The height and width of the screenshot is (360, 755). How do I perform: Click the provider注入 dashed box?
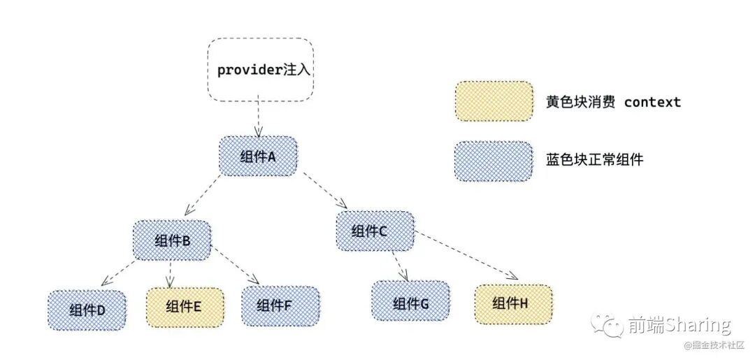click(x=260, y=70)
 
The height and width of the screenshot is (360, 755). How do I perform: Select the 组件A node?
click(x=258, y=156)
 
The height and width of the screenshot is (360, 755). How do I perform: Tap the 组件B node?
click(x=172, y=240)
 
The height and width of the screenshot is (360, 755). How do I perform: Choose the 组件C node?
click(x=375, y=231)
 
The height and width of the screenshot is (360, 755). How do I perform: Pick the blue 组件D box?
click(x=87, y=310)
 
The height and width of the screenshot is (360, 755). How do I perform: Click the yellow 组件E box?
click(x=185, y=306)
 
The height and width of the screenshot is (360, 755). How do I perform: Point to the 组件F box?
click(x=280, y=305)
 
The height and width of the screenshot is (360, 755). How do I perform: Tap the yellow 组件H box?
click(x=513, y=303)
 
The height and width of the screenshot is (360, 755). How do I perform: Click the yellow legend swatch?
click(x=494, y=101)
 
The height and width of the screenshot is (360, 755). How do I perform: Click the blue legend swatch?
click(x=494, y=161)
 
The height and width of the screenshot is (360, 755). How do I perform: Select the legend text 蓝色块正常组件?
click(x=594, y=160)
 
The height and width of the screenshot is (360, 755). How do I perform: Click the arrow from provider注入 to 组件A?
click(x=259, y=119)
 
